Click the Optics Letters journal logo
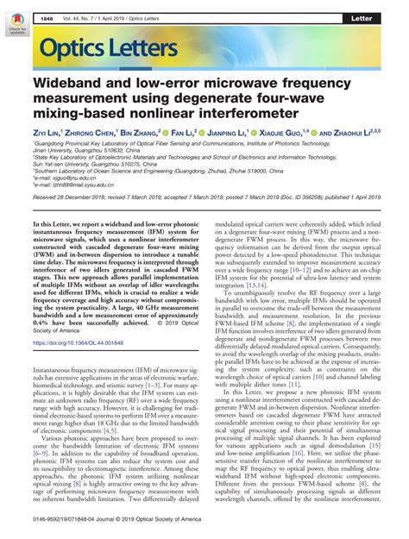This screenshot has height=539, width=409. tap(98, 49)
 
